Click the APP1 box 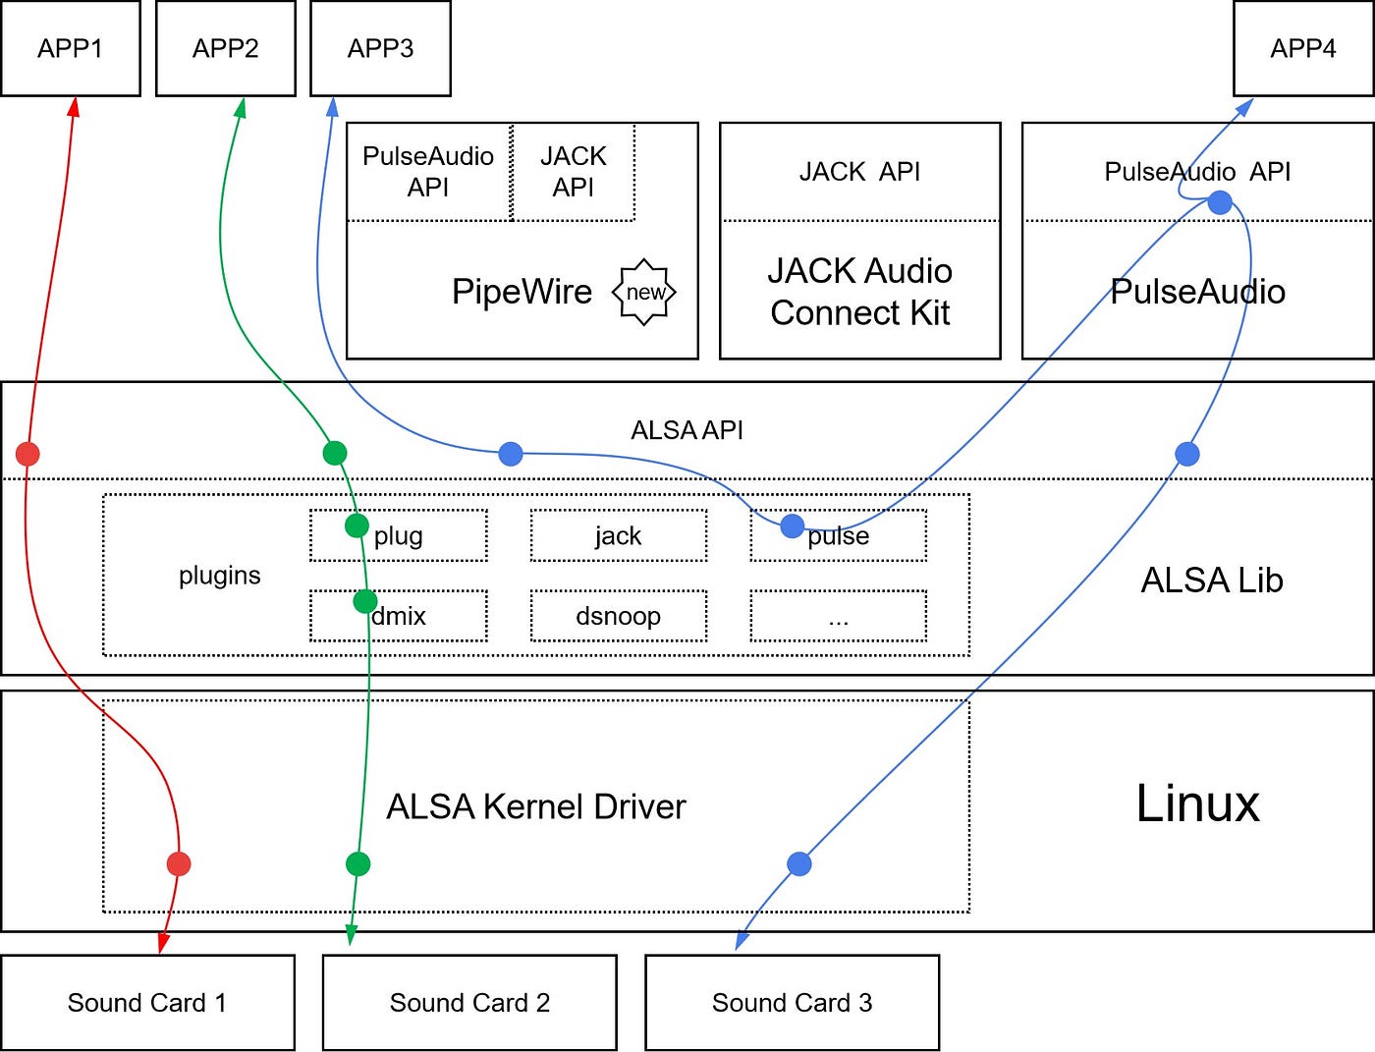click(x=70, y=48)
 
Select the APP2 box click(x=225, y=48)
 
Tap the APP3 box click(x=380, y=48)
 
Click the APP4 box click(x=1302, y=48)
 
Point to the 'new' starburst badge click(x=644, y=292)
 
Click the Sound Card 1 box click(x=147, y=1002)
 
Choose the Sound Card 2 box click(x=469, y=1002)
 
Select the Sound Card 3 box click(x=792, y=1002)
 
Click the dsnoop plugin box click(x=618, y=616)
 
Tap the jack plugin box click(x=618, y=535)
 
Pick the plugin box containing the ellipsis click(x=838, y=616)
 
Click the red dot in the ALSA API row click(x=27, y=454)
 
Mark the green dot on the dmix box click(x=364, y=601)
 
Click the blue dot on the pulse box click(x=792, y=526)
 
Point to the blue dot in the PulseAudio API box click(x=1219, y=202)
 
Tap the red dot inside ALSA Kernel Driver click(x=178, y=863)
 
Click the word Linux click(x=1197, y=803)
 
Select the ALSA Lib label click(x=1211, y=580)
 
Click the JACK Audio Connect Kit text click(x=859, y=292)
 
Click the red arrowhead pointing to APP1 click(x=73, y=106)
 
